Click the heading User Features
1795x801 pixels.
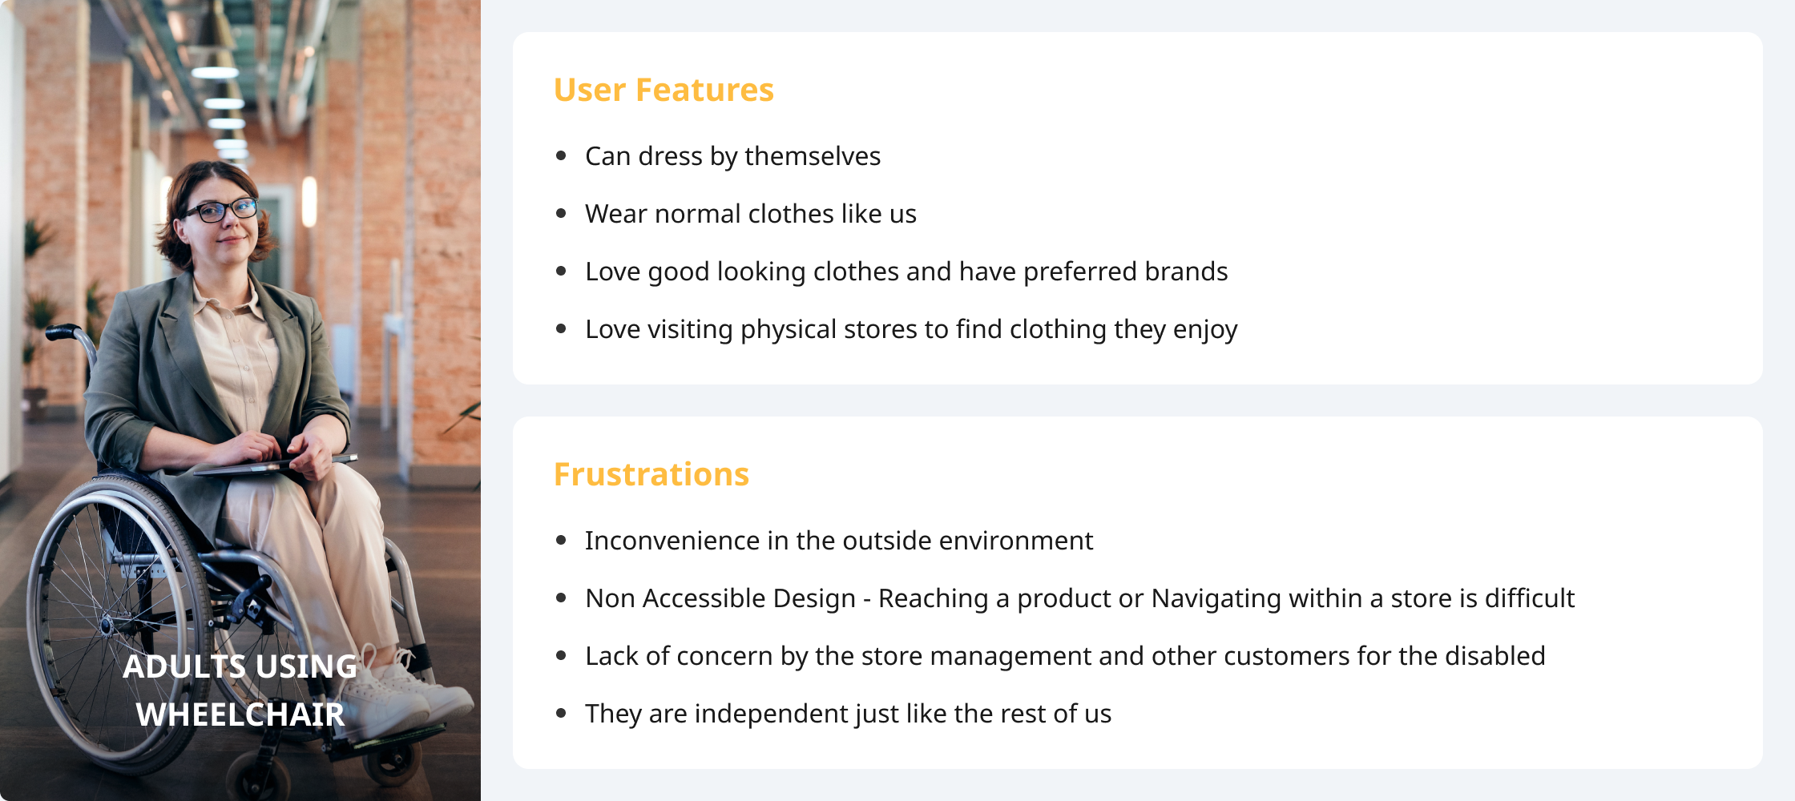[x=664, y=90]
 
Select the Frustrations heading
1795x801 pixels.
[x=651, y=474]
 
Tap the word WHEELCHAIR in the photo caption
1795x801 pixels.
[x=240, y=714]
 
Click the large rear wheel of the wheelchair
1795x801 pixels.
[x=48, y=625]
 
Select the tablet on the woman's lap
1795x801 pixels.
[x=272, y=465]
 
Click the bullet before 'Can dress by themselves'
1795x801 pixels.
[x=561, y=155]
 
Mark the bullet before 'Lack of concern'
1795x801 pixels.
[x=561, y=655]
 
